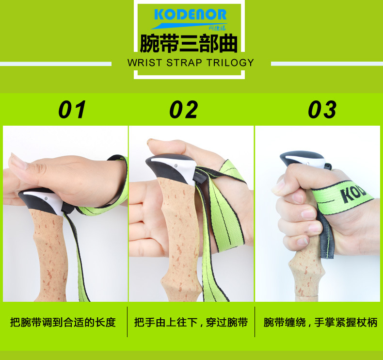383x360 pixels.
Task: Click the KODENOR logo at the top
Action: click(190, 15)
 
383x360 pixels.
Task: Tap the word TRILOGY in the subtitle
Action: click(230, 63)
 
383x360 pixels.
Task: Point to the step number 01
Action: click(72, 110)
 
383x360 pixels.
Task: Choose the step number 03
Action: click(322, 110)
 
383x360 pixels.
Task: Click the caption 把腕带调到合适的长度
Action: click(63, 322)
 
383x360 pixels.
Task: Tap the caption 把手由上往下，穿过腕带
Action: click(191, 322)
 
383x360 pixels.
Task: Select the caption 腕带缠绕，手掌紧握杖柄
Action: click(320, 322)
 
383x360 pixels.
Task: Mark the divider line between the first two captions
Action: click(128, 322)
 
